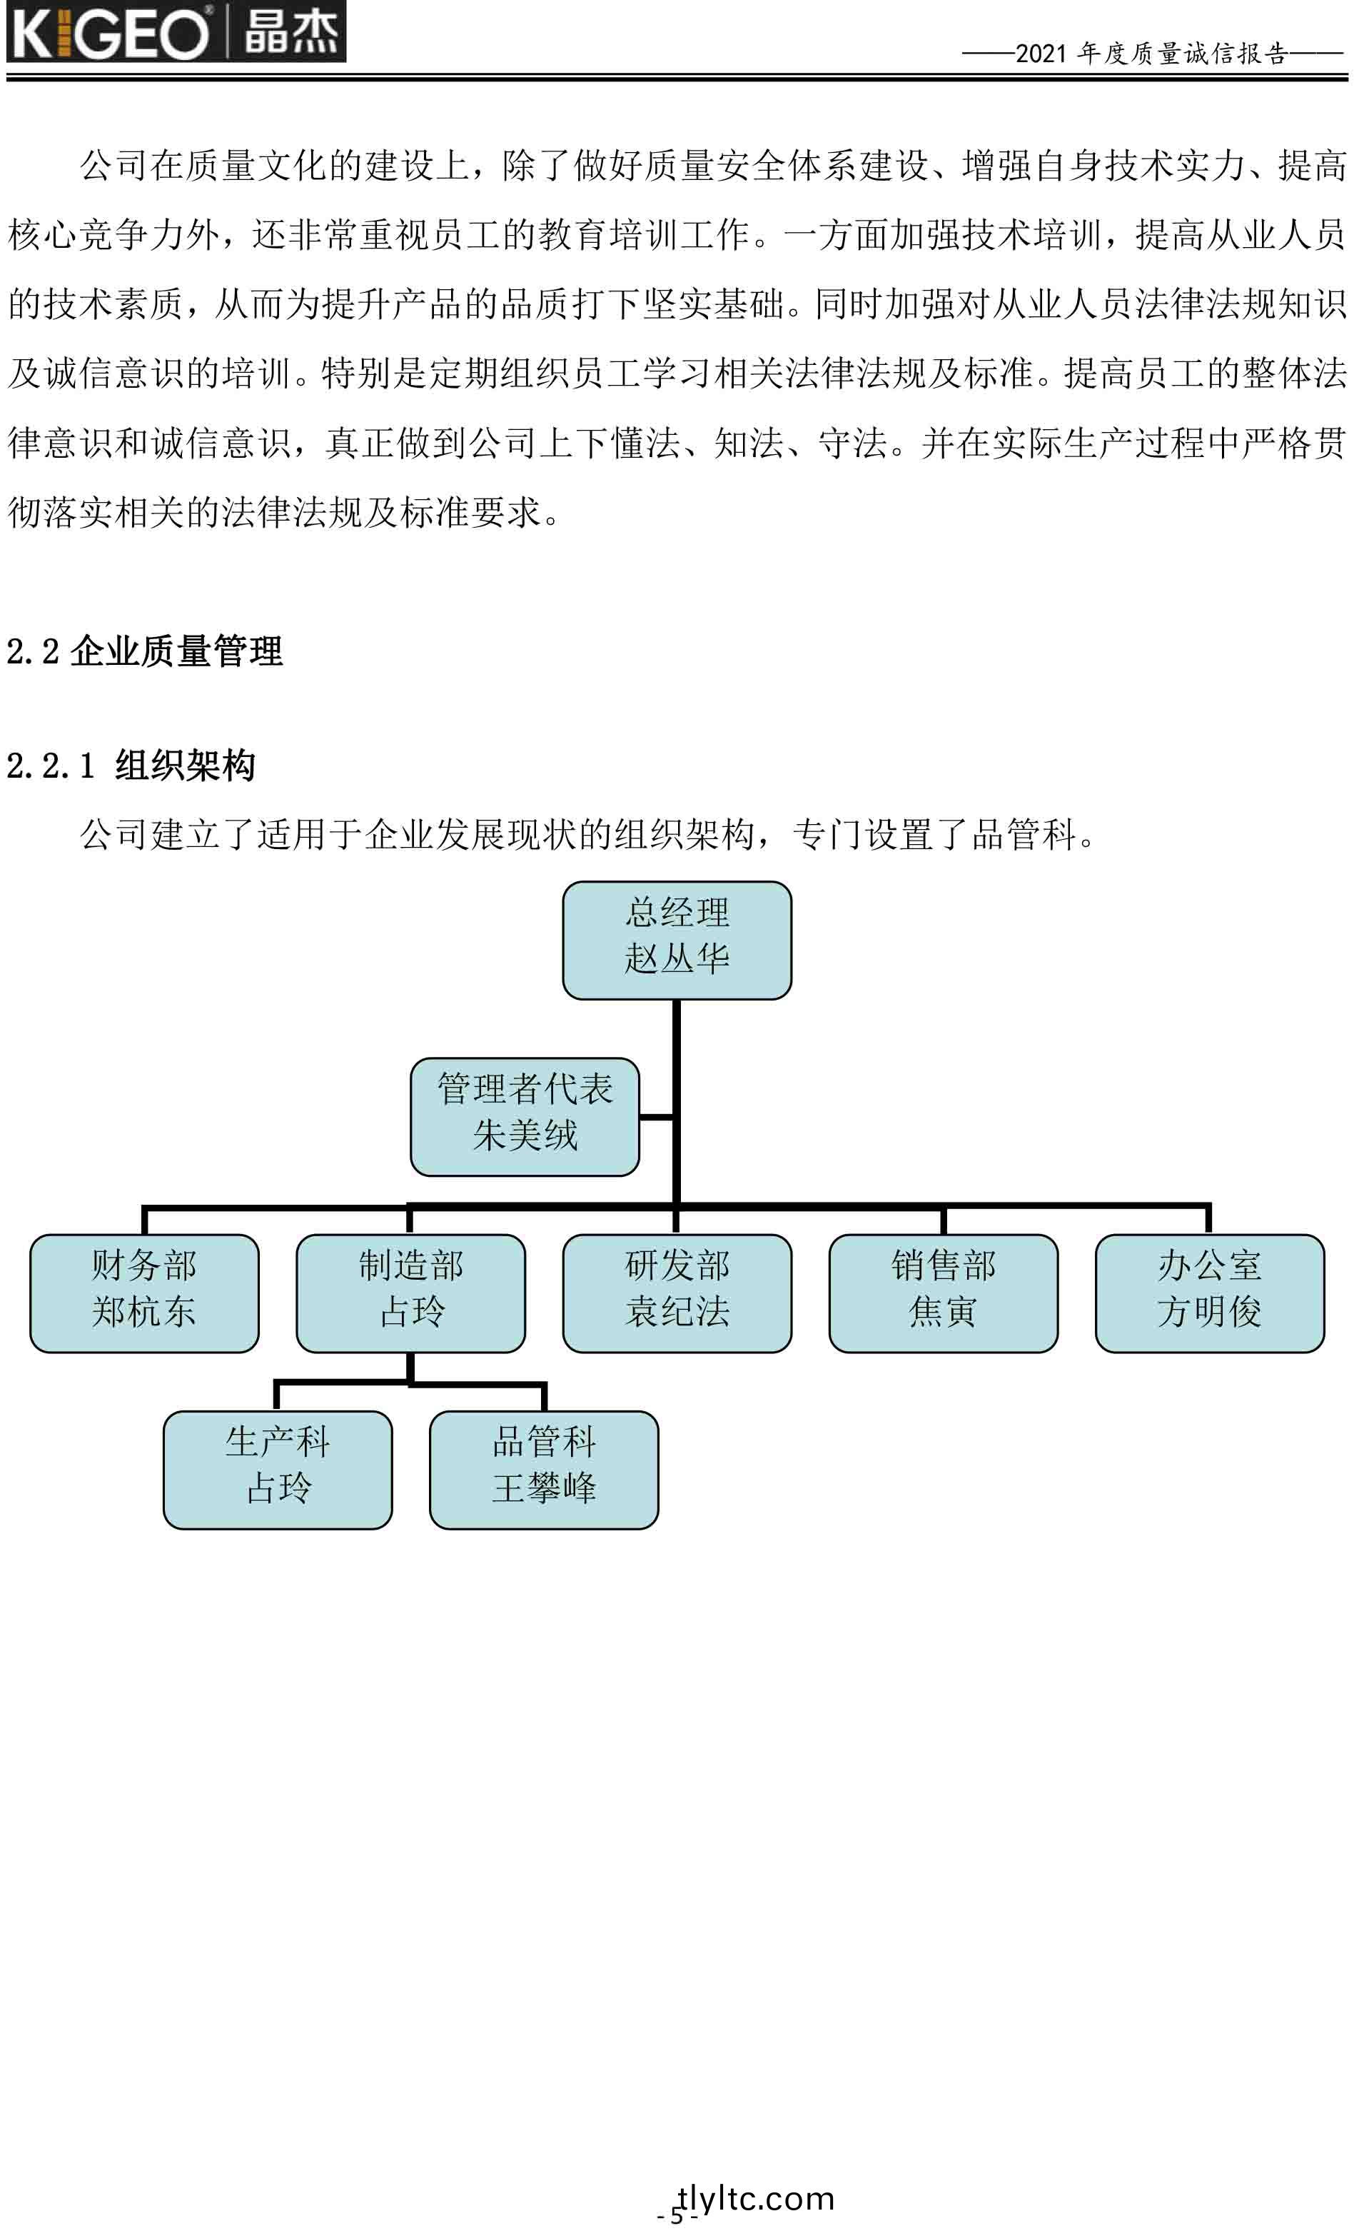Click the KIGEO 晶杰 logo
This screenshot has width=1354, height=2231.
tap(176, 31)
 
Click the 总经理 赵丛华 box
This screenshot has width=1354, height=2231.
tap(677, 940)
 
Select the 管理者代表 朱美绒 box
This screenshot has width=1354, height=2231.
tap(525, 1116)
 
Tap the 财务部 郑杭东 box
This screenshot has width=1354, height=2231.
tap(145, 1293)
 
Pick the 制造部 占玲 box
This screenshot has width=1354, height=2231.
tap(411, 1293)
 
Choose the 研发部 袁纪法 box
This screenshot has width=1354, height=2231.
tap(677, 1293)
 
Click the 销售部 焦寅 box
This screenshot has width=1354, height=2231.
tap(943, 1293)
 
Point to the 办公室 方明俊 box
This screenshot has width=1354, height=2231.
tap(1209, 1293)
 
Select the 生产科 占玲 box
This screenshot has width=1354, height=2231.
tap(278, 1470)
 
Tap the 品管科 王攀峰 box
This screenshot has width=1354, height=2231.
tap(544, 1470)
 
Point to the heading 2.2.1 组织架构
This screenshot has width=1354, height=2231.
tap(131, 765)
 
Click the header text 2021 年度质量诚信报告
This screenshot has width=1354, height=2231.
tap(1151, 54)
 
